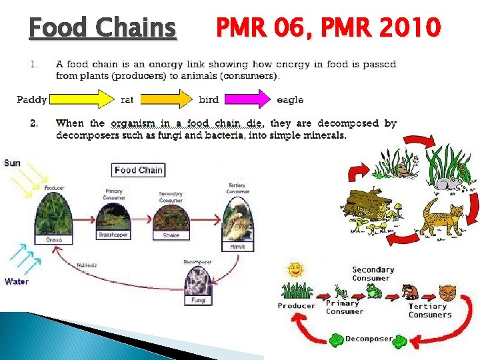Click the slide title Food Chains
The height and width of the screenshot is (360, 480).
click(x=103, y=28)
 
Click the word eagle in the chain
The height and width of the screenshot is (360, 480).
click(x=290, y=100)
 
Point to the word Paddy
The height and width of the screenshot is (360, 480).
click(x=31, y=100)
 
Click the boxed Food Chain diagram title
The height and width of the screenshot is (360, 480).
click(x=138, y=170)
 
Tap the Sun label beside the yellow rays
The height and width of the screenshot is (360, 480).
click(x=12, y=163)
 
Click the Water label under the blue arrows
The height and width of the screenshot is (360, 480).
click(x=17, y=281)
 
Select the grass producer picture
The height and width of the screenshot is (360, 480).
click(x=54, y=214)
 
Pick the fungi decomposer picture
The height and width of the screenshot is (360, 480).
click(x=198, y=282)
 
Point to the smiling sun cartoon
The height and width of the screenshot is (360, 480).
click(x=295, y=270)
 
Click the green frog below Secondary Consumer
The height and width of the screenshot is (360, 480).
click(x=372, y=291)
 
